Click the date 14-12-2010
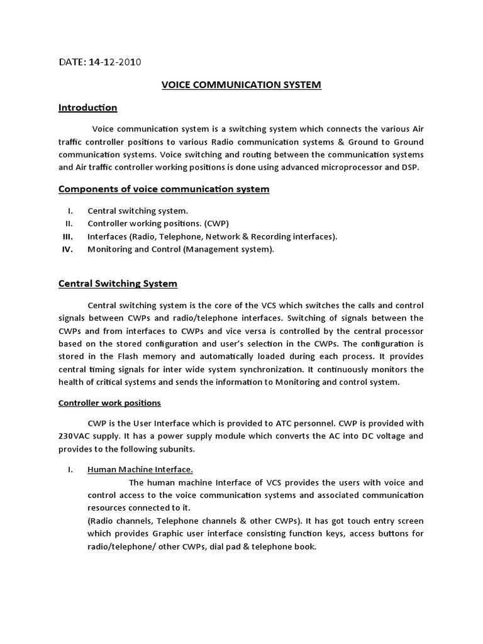115,62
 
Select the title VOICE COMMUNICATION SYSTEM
241,85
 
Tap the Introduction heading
87,108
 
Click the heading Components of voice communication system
164,189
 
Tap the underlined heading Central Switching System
118,284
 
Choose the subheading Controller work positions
109,402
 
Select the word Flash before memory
123,357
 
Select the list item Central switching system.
137,211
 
